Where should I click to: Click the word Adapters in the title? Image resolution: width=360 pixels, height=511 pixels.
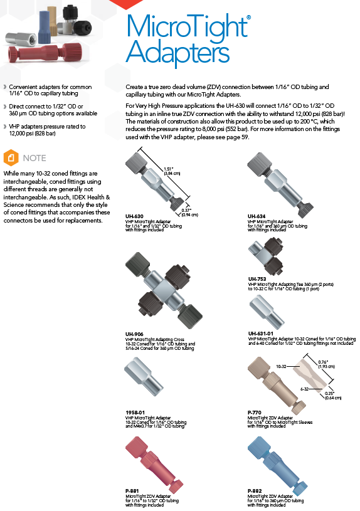click(177, 53)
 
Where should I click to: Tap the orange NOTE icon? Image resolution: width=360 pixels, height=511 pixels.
click(11, 158)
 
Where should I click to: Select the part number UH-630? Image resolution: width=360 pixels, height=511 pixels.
click(134, 216)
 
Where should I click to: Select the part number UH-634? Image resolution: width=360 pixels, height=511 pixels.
click(257, 216)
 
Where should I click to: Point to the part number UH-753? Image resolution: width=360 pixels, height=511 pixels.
click(257, 279)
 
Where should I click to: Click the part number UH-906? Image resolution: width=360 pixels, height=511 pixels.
click(134, 334)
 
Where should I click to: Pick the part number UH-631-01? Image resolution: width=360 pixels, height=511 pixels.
click(260, 334)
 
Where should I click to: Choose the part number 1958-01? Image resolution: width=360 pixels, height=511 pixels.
click(135, 413)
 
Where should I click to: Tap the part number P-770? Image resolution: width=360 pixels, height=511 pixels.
click(255, 413)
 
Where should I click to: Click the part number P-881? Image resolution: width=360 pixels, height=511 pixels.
click(132, 491)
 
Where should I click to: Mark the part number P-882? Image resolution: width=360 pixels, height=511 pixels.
click(255, 491)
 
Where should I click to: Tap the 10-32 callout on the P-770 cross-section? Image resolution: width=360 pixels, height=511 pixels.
click(281, 366)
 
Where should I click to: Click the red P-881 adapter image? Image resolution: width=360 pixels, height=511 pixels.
click(154, 463)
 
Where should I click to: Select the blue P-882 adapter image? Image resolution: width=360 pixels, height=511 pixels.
click(277, 463)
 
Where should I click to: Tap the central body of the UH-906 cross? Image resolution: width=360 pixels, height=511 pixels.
click(163, 290)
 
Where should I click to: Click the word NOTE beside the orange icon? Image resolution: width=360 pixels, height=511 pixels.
click(34, 158)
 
